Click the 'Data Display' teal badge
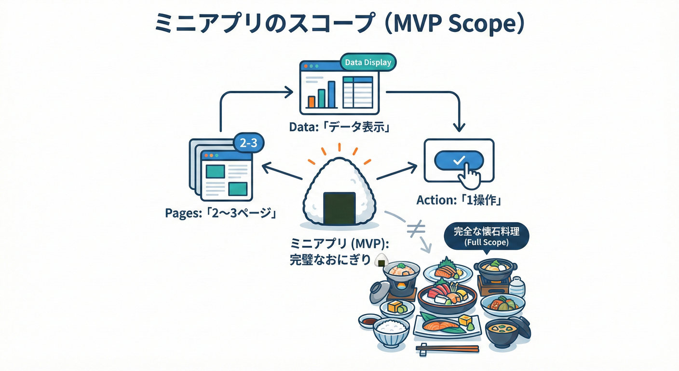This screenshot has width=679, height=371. point(368,63)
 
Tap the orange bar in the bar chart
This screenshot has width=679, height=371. point(312,101)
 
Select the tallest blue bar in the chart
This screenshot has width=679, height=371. point(331,94)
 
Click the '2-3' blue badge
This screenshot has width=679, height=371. point(248,143)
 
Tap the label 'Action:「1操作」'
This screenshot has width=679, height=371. point(459,200)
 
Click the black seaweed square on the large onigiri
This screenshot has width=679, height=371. point(339,206)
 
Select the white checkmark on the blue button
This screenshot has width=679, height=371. point(459,159)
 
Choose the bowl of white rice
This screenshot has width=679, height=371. point(392,331)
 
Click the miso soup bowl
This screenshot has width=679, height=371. point(507,333)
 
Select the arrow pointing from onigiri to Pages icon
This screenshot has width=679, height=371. point(282,172)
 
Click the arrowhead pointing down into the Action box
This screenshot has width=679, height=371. point(460,128)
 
